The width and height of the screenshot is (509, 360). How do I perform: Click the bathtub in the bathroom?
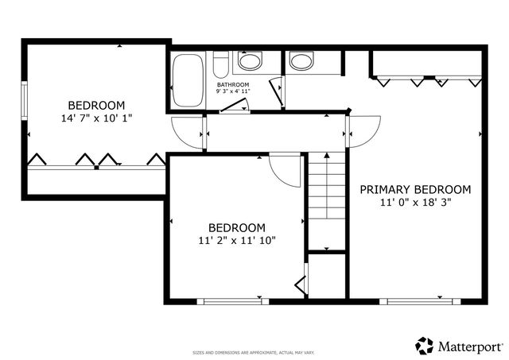(188, 79)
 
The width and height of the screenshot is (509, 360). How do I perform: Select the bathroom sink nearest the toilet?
(251, 62)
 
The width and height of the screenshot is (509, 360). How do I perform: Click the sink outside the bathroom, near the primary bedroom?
(301, 61)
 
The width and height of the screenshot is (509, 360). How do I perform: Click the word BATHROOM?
(233, 84)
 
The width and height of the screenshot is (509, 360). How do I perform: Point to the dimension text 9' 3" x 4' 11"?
(233, 91)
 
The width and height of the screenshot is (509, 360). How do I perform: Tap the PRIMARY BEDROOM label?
(415, 189)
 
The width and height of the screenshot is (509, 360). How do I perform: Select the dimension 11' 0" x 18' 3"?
(415, 203)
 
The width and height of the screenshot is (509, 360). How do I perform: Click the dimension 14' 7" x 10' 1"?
(96, 118)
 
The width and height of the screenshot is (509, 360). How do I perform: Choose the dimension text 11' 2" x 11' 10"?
(237, 239)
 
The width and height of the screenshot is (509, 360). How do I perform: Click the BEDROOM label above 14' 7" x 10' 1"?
(96, 105)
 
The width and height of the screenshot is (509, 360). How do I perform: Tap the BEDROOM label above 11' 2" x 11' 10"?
(237, 226)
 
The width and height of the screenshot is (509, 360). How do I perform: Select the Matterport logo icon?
(425, 346)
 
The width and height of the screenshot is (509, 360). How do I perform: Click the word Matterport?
(471, 346)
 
